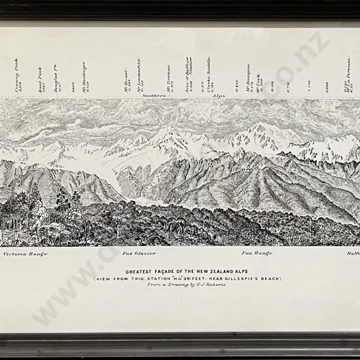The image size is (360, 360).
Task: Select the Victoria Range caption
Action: [x=26, y=253]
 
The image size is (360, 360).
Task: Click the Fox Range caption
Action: [x=256, y=253]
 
